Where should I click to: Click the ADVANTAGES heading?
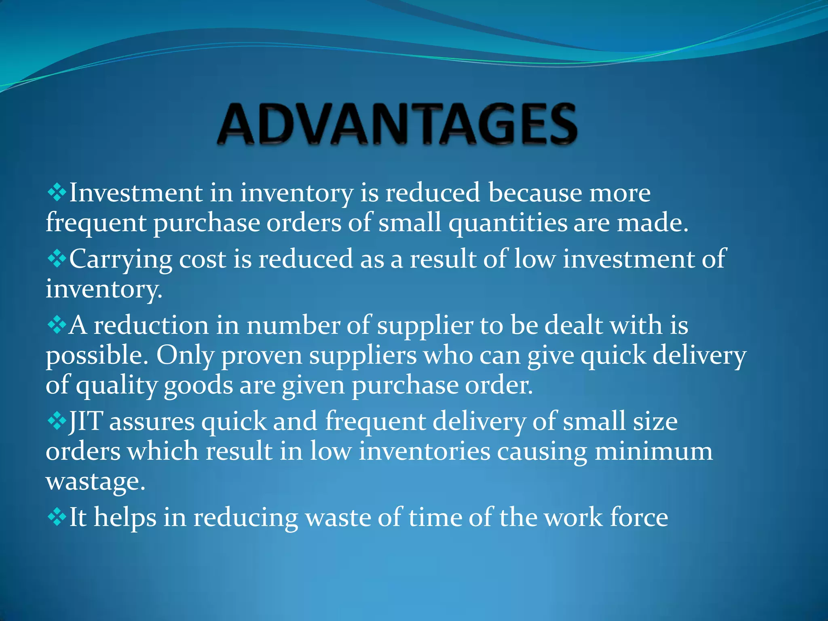[x=397, y=124]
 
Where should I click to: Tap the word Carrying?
[x=121, y=260]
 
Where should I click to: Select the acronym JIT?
[x=86, y=421]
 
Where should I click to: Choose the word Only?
[x=185, y=356]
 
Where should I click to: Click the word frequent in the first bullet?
[x=96, y=223]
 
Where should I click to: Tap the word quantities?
[x=508, y=223]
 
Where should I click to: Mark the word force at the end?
[x=639, y=517]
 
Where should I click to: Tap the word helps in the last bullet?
[x=125, y=518]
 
